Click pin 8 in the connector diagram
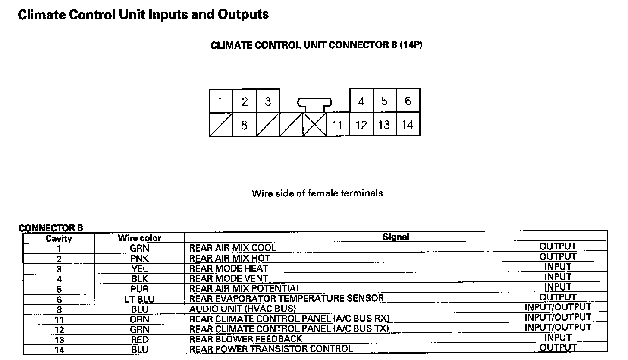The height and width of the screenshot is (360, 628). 244,125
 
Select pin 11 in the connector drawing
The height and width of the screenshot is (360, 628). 337,125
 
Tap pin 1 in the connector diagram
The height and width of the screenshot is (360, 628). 221,101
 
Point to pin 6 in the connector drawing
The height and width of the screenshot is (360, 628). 408,101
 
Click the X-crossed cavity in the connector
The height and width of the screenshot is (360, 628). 314,125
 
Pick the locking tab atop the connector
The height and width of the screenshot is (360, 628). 314,103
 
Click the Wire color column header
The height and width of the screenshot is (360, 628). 139,238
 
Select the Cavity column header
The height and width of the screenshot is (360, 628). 59,238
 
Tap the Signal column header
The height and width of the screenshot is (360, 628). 396,237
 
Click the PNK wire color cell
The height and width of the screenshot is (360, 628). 139,259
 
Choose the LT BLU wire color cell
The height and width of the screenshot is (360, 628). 139,299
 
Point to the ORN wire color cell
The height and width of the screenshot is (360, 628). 139,319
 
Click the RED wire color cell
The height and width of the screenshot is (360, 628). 139,340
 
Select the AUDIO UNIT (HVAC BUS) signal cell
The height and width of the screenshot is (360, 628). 242,309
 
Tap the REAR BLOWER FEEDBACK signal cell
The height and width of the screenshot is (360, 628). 245,339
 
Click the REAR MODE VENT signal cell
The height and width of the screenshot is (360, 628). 229,278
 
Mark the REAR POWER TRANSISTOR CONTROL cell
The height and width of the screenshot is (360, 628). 271,349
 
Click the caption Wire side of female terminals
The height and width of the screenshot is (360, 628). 317,193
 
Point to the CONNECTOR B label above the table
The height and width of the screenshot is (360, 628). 51,228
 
